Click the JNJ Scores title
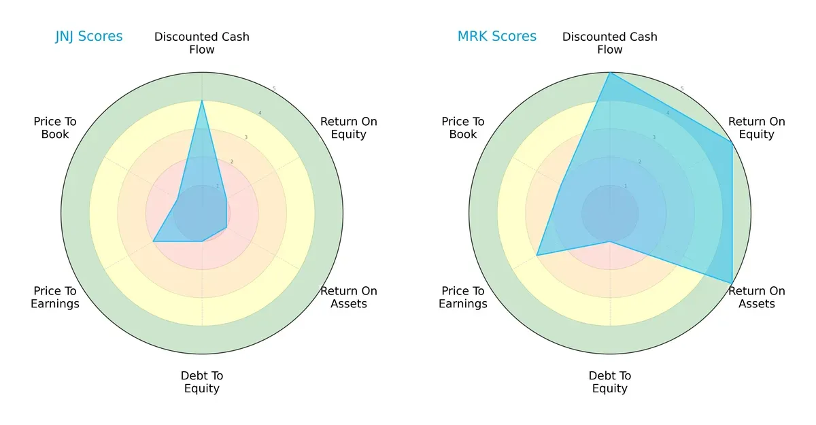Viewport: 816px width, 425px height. click(x=89, y=36)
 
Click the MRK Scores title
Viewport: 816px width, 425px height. click(x=497, y=36)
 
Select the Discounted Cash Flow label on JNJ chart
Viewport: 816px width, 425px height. click(x=202, y=43)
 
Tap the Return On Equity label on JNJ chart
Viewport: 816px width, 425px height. click(x=349, y=128)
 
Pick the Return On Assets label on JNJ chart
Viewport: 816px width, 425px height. click(x=349, y=297)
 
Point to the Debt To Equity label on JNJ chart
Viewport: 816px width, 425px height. click(x=202, y=382)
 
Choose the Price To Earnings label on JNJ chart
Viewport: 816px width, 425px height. click(x=55, y=297)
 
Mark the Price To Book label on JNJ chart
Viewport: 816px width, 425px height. click(x=55, y=128)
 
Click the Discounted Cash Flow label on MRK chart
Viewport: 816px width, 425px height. click(x=610, y=43)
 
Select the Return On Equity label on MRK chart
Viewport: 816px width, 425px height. click(x=757, y=128)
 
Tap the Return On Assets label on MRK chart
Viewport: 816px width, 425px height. click(x=757, y=297)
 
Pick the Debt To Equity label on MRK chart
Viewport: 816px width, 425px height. click(x=610, y=382)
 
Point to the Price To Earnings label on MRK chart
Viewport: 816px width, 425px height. click(x=463, y=297)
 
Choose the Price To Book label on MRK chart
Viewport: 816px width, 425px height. click(x=463, y=128)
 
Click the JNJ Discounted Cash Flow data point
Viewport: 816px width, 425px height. click(x=202, y=101)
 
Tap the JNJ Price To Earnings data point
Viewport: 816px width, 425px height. click(x=153, y=241)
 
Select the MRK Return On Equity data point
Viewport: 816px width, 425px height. click(x=732, y=143)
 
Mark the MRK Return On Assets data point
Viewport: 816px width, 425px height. click(x=732, y=283)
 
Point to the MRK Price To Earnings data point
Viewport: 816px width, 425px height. click(x=537, y=255)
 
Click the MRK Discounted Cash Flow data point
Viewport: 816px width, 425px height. click(x=610, y=73)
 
